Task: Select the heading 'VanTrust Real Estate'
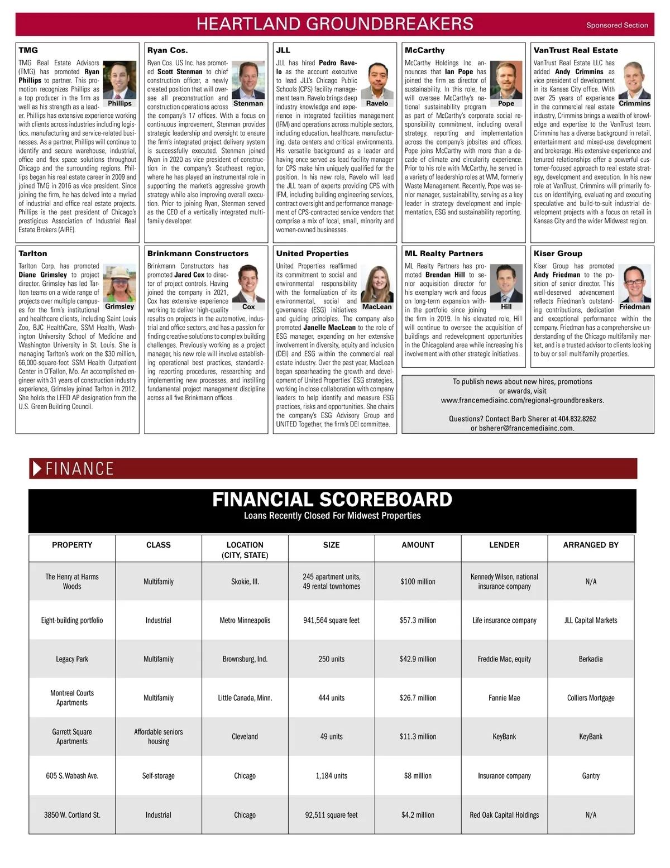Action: click(576, 50)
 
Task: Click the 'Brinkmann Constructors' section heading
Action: click(198, 253)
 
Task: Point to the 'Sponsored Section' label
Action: click(617, 25)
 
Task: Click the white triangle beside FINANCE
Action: click(37, 468)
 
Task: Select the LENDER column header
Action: click(504, 545)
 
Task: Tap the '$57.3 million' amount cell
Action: click(418, 620)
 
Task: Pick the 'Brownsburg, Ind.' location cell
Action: click(245, 659)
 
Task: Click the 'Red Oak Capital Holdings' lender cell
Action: click(504, 815)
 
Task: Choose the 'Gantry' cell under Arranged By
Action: click(591, 776)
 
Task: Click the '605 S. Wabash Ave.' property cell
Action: click(72, 776)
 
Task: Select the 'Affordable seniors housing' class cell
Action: click(159, 736)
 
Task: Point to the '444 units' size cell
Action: click(331, 698)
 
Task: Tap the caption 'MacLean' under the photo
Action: click(377, 307)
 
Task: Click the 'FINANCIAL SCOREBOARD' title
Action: click(332, 499)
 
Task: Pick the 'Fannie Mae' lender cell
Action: click(504, 698)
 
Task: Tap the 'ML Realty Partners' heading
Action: click(444, 253)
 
